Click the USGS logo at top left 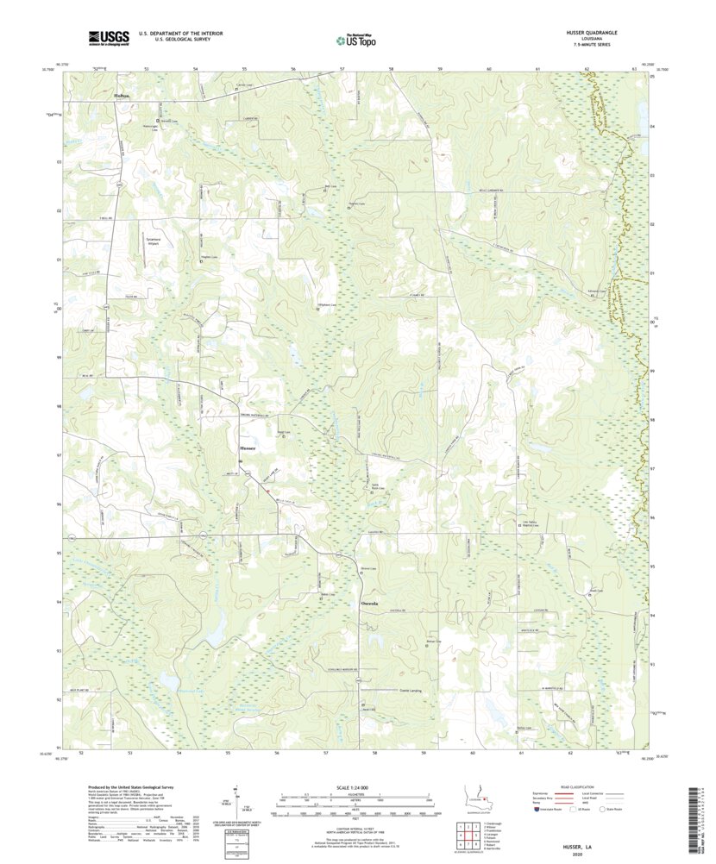(x=107, y=38)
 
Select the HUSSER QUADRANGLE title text (x=590, y=32)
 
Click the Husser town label (x=246, y=448)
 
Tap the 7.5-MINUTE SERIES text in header (x=590, y=44)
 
